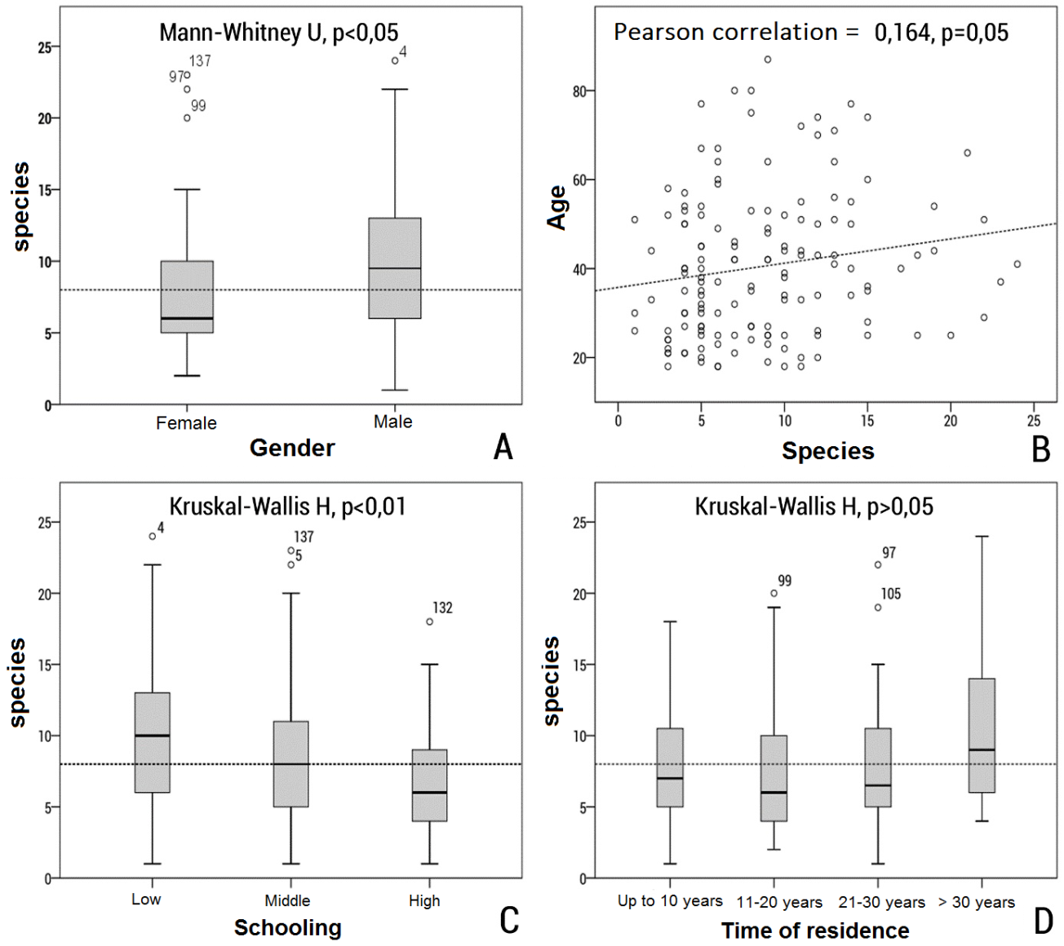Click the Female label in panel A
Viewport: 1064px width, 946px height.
pyautogui.click(x=186, y=423)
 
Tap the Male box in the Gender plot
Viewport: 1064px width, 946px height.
pyautogui.click(x=395, y=267)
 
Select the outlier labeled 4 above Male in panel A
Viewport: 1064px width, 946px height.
pyautogui.click(x=395, y=60)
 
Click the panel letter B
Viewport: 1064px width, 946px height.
pyautogui.click(x=1040, y=449)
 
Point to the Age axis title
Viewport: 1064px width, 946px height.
pyautogui.click(x=557, y=207)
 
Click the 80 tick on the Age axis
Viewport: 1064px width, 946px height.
pyautogui.click(x=579, y=91)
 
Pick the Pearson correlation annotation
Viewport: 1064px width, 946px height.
pyautogui.click(x=810, y=33)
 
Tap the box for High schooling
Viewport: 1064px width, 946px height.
pyautogui.click(x=430, y=785)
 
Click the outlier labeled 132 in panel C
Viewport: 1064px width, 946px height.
pyautogui.click(x=430, y=621)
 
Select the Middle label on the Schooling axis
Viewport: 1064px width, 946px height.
pyautogui.click(x=287, y=900)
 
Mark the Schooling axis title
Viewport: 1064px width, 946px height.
pyautogui.click(x=287, y=927)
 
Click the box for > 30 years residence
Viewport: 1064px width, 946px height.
pyautogui.click(x=982, y=735)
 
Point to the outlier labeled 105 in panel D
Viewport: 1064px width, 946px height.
pyautogui.click(x=878, y=608)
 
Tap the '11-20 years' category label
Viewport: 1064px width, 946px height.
pyautogui.click(x=778, y=902)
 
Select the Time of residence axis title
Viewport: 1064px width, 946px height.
pyautogui.click(x=814, y=930)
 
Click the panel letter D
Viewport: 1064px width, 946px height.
pyautogui.click(x=1043, y=922)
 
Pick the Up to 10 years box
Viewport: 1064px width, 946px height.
pyautogui.click(x=670, y=767)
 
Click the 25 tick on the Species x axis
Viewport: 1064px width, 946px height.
pyautogui.click(x=1034, y=421)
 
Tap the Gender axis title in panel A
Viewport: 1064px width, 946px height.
pyautogui.click(x=292, y=448)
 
